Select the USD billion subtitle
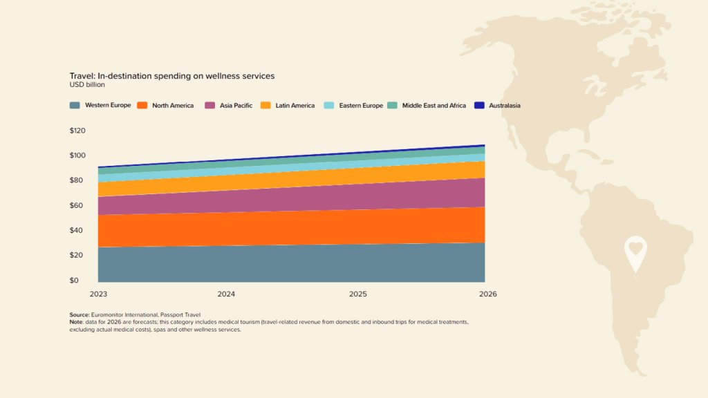pyautogui.click(x=87, y=85)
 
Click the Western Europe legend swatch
pyautogui.click(x=75, y=106)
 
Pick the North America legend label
pyautogui.click(x=173, y=106)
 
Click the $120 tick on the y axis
pyautogui.click(x=77, y=131)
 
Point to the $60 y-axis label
pyautogui.click(x=77, y=205)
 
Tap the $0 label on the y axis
pyautogui.click(x=74, y=281)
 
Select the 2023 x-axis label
pyautogui.click(x=99, y=294)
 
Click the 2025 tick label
pyautogui.click(x=358, y=294)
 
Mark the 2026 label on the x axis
pyautogui.click(x=487, y=294)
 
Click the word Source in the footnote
pyautogui.click(x=80, y=315)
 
